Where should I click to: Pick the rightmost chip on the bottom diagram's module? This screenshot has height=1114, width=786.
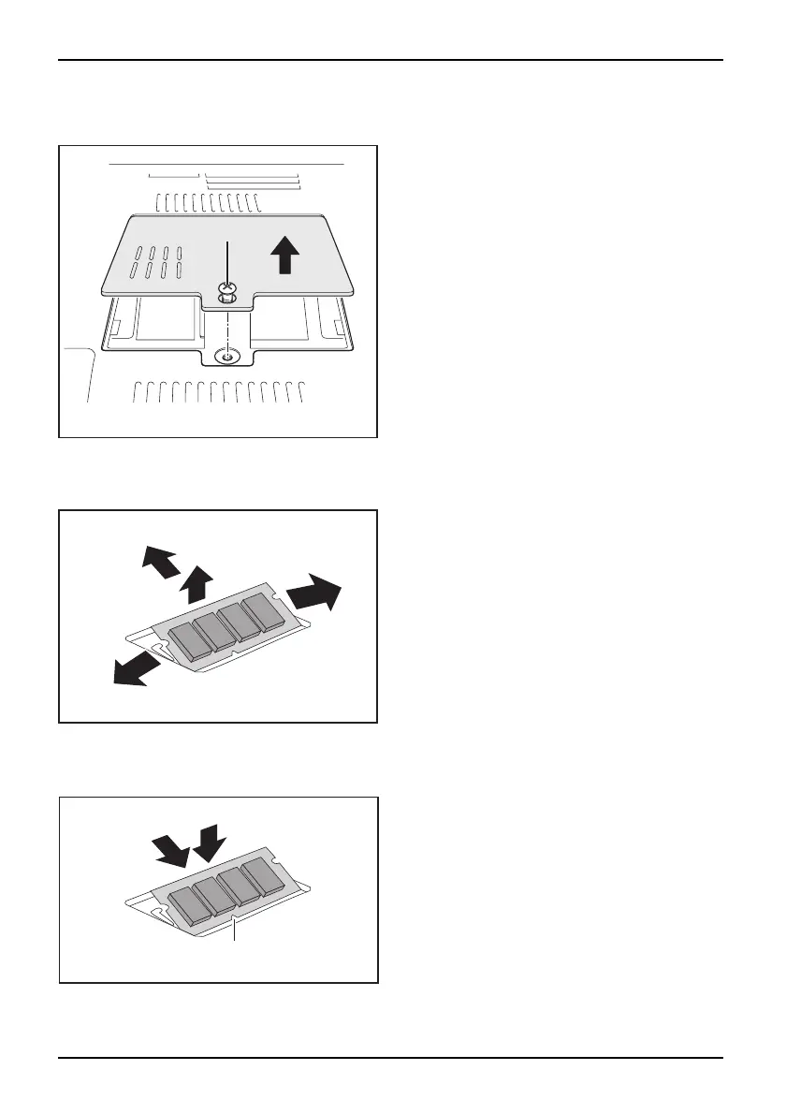pos(262,877)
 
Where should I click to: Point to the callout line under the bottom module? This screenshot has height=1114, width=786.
pos(235,934)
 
